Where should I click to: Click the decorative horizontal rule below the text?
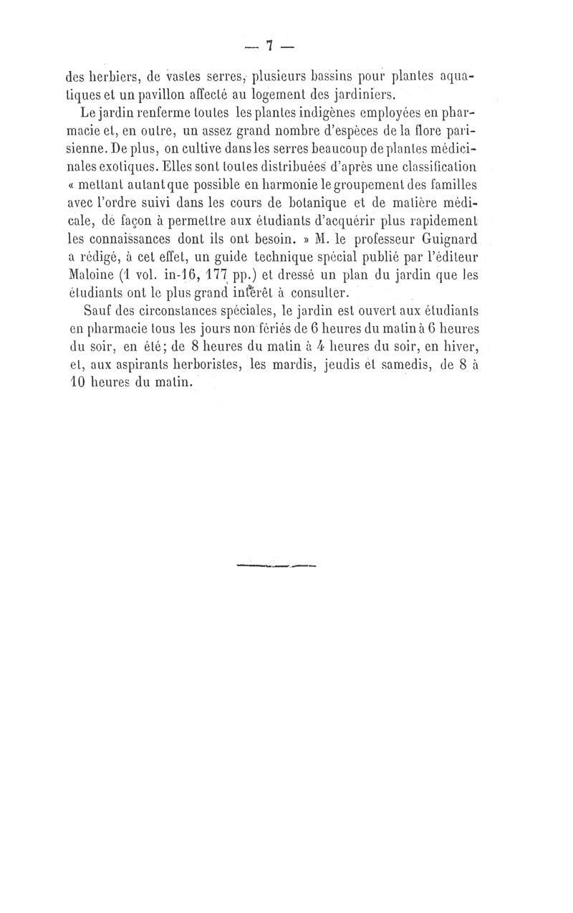pyautogui.click(x=275, y=565)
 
